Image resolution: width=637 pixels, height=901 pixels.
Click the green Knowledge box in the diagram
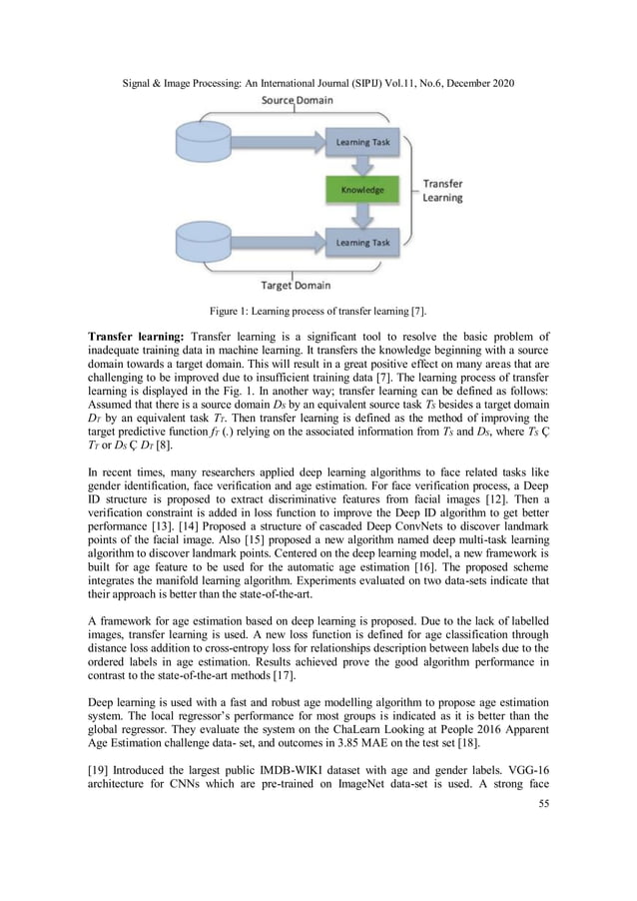point(363,190)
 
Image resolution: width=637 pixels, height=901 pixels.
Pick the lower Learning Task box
point(363,242)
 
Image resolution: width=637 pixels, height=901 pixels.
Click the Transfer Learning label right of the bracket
point(442,191)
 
